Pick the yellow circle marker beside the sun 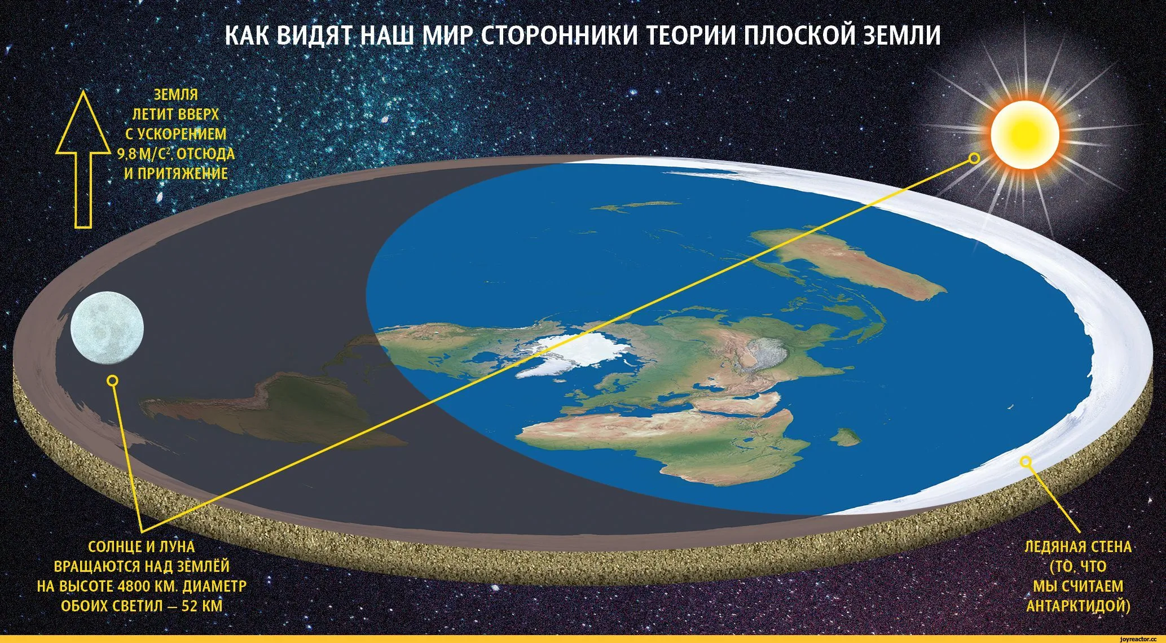[x=974, y=159]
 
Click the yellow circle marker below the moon [x=112, y=380]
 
